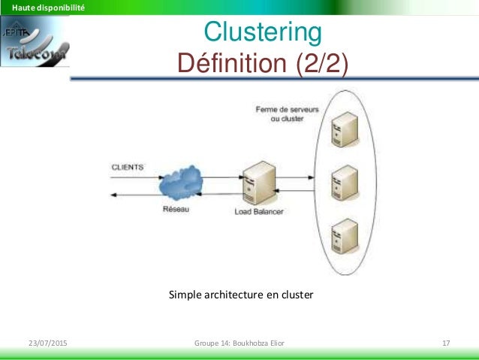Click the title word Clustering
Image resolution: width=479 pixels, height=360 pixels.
(x=263, y=34)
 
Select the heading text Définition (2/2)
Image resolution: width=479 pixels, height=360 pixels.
(x=263, y=63)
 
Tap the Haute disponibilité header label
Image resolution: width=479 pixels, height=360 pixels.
(x=43, y=8)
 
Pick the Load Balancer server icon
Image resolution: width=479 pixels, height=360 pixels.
(x=262, y=183)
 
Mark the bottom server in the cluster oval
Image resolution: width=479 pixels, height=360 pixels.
(x=345, y=234)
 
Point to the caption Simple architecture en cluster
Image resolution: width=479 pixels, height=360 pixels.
(x=241, y=295)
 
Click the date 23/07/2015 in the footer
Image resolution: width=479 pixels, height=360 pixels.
(x=47, y=343)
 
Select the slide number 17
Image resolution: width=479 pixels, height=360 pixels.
(x=446, y=343)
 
